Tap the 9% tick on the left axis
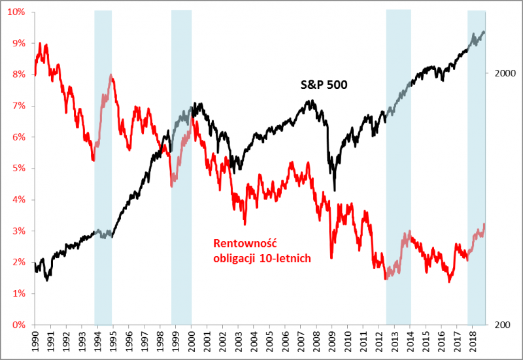pos(17,43)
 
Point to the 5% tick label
pos(17,169)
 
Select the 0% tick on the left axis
pos(17,325)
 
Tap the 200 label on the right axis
pos(501,325)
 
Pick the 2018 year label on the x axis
pos(473,342)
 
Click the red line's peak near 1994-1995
pos(111,75)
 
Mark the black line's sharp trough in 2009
pos(335,189)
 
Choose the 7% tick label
pos(17,106)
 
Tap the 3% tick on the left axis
pos(17,231)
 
